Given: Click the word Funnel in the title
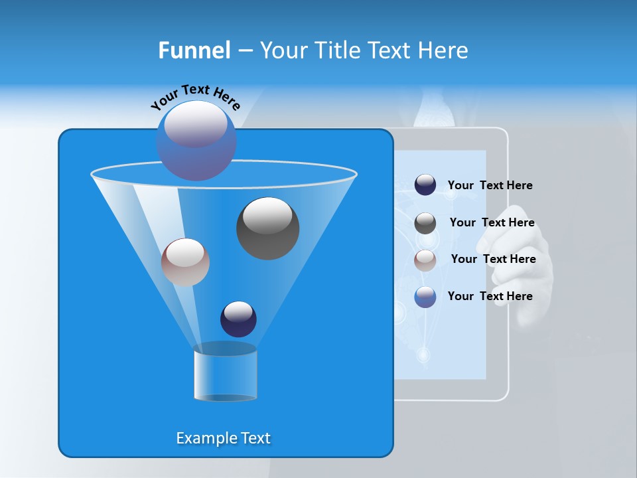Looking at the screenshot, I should point(194,50).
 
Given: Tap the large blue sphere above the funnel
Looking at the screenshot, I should point(196,140).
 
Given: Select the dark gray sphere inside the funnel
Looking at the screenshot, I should point(267,228).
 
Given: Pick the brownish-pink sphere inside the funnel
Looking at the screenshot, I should point(185,262).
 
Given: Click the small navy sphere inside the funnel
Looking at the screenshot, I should point(238,319).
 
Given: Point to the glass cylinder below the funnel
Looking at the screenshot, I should point(225,372).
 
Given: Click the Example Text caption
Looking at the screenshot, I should point(223,438).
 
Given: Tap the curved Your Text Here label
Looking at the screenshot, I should point(195,97).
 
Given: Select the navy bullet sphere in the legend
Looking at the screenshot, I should point(425,185).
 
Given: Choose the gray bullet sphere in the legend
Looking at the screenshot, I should point(425,222).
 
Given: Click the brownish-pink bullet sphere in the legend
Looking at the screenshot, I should point(425,260).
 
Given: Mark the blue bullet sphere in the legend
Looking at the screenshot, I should point(425,296).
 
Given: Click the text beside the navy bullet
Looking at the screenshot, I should point(490,186).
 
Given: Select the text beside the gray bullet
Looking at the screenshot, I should point(492,223).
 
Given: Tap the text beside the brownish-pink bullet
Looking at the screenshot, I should point(493,260).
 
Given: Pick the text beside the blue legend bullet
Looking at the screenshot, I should point(490,296).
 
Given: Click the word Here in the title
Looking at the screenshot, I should point(444,50).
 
